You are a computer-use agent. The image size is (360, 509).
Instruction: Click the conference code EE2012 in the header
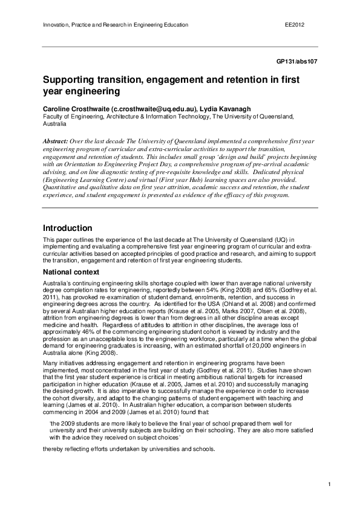pos(294,25)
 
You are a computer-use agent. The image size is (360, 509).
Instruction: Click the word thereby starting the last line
pos(53,449)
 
